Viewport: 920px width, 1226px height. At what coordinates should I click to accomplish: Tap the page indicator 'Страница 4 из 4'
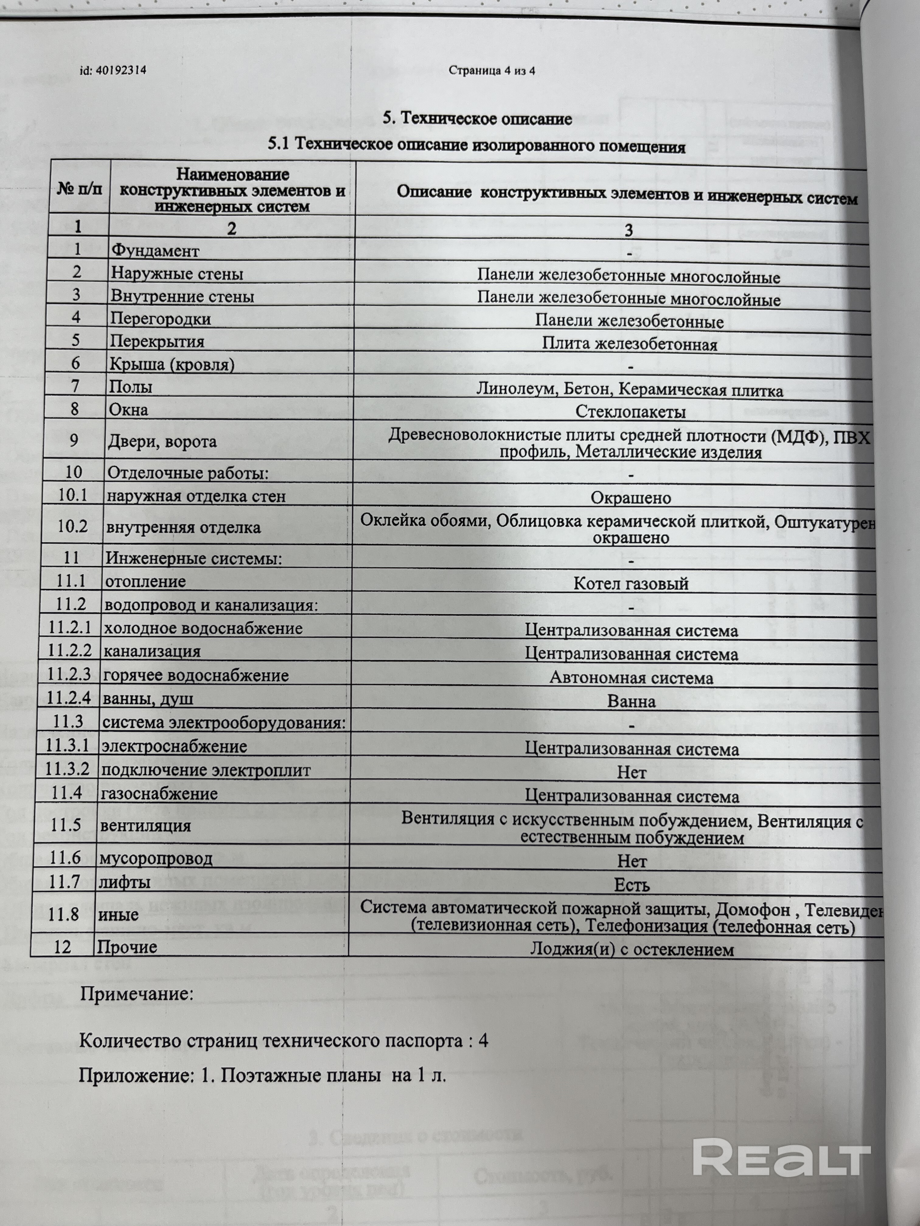point(491,71)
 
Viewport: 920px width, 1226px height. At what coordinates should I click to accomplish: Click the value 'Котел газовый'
point(631,584)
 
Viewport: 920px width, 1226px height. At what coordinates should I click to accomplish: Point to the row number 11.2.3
point(69,674)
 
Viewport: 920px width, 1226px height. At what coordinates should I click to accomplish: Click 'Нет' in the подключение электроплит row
point(632,773)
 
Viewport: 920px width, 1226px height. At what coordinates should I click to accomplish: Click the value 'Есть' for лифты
point(632,885)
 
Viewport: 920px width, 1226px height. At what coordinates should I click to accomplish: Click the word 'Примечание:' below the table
point(136,994)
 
